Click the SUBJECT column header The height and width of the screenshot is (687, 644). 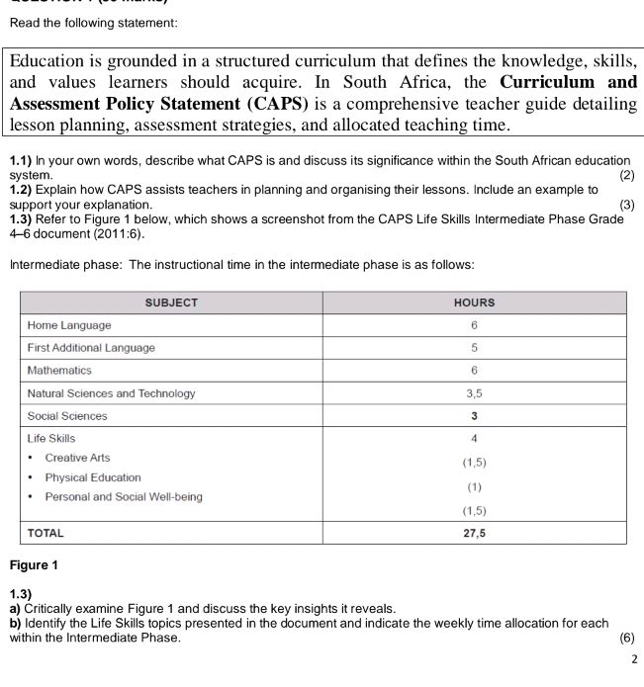point(171,302)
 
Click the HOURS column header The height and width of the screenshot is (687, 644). point(475,302)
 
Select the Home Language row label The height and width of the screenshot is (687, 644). point(69,325)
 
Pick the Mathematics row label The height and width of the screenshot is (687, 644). point(59,371)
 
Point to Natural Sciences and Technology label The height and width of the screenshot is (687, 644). point(111,393)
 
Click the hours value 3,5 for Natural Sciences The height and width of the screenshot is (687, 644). point(475,393)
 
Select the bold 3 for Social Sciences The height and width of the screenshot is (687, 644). point(475,416)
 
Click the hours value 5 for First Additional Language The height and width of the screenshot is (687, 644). point(475,348)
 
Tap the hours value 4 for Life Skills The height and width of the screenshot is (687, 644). point(475,438)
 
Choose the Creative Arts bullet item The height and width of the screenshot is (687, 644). point(77,458)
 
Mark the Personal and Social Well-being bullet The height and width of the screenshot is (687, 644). point(123,497)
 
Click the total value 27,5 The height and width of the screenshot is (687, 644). point(475,533)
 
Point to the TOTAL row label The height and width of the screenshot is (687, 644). point(46,533)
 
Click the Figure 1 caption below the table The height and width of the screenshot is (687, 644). point(34,566)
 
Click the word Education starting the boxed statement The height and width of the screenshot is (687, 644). point(52,60)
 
